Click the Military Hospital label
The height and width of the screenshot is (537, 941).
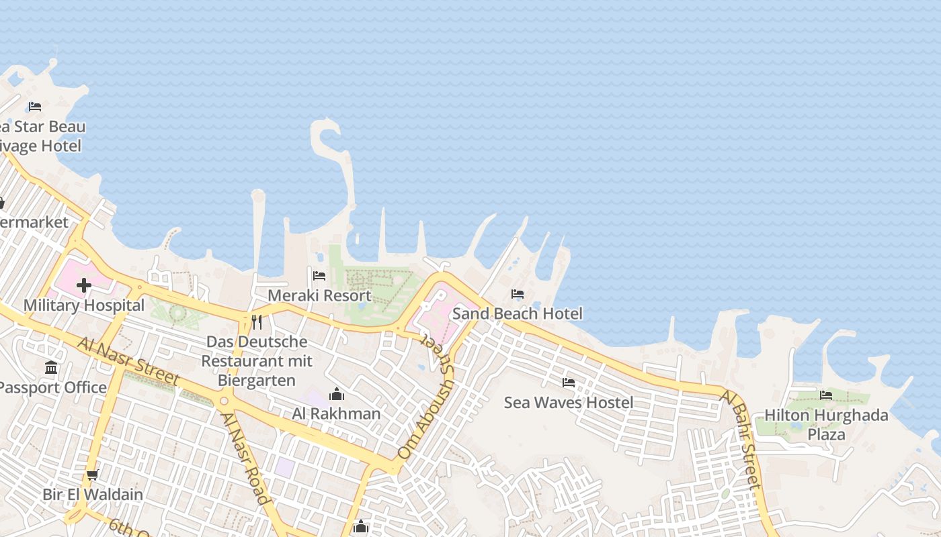tap(84, 305)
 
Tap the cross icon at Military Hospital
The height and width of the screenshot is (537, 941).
tap(84, 286)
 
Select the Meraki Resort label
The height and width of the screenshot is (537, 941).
tap(319, 295)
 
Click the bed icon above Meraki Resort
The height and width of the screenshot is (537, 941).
tap(319, 275)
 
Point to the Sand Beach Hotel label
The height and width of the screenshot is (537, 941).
tap(517, 313)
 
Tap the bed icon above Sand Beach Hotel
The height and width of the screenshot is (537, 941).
tap(518, 294)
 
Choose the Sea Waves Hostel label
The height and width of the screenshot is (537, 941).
tap(569, 402)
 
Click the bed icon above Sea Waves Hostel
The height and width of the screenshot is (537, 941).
tap(569, 383)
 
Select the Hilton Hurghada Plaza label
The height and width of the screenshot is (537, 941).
tap(826, 425)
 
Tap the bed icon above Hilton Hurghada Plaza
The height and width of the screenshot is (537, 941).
tap(826, 395)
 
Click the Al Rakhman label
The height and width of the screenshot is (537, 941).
tap(336, 413)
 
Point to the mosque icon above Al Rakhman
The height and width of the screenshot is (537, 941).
tap(337, 394)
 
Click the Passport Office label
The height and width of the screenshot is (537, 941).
tap(52, 387)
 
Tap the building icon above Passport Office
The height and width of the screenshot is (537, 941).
tap(51, 367)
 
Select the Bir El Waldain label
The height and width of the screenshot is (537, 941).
tap(93, 495)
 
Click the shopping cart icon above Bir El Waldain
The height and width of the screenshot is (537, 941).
tap(93, 475)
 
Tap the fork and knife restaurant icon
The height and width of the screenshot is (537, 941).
tap(257, 322)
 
